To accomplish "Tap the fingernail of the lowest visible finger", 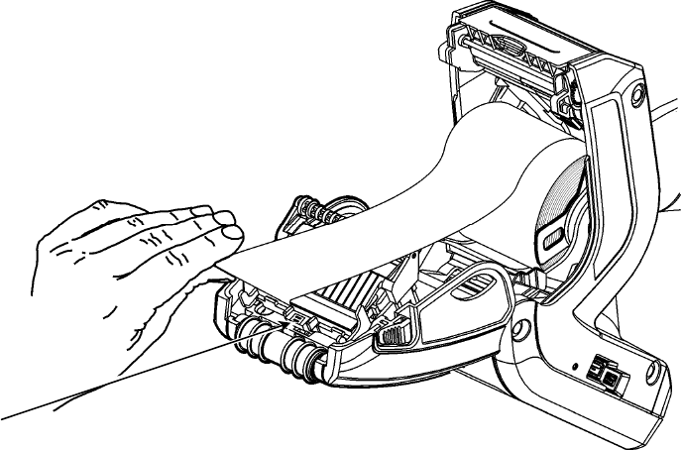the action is pos(230,234).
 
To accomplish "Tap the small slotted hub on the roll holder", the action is pos(553,238).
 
